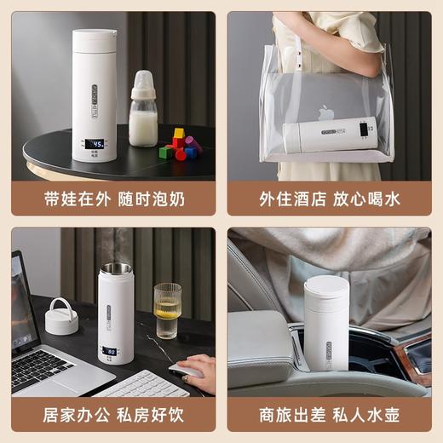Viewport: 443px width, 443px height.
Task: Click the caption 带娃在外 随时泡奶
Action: pyautogui.click(x=112, y=198)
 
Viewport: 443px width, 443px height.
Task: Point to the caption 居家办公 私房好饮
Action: pyautogui.click(x=112, y=416)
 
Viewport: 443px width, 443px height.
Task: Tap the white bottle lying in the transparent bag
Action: pyautogui.click(x=329, y=134)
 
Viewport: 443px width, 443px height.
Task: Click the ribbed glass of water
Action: pyautogui.click(x=167, y=311)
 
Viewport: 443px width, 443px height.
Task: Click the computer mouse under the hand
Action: pyautogui.click(x=182, y=371)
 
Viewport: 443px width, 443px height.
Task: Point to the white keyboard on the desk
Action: pyautogui.click(x=141, y=384)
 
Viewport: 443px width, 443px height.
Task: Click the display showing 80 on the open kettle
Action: pyautogui.click(x=112, y=350)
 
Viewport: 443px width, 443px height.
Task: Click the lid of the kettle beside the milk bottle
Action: pyautogui.click(x=94, y=39)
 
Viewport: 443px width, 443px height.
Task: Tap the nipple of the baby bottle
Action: pyautogui.click(x=141, y=78)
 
